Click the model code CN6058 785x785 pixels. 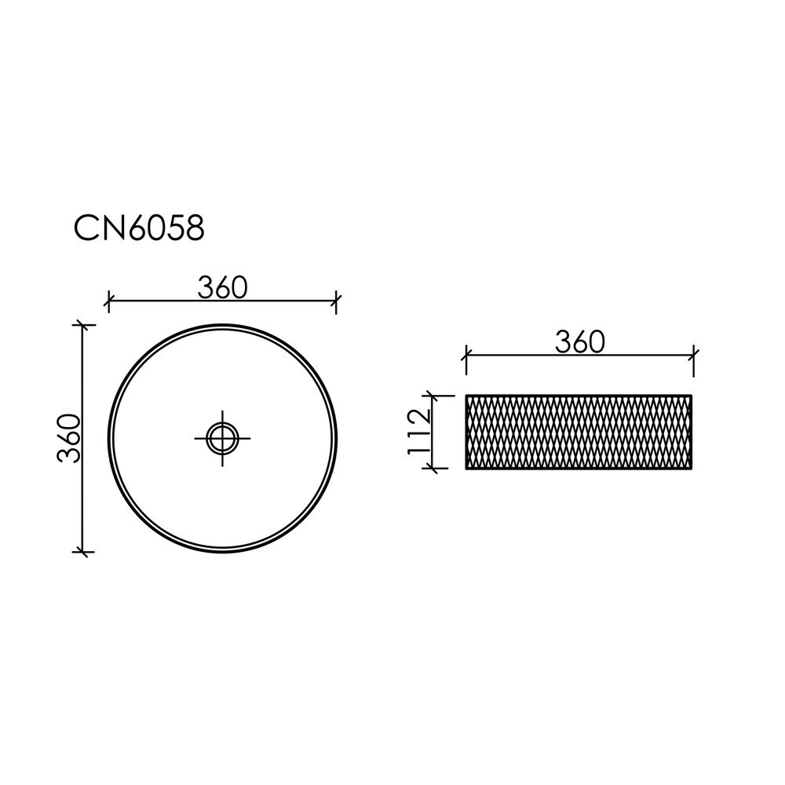click(139, 229)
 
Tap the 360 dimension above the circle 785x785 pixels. click(223, 288)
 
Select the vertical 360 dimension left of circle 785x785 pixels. click(69, 438)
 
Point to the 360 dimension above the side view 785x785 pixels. click(580, 342)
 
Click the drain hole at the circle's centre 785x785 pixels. click(222, 439)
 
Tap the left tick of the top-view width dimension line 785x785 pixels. click(108, 301)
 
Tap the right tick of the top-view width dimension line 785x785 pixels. click(337, 301)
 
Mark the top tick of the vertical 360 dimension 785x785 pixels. click(84, 326)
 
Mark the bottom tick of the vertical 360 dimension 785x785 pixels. click(84, 552)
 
